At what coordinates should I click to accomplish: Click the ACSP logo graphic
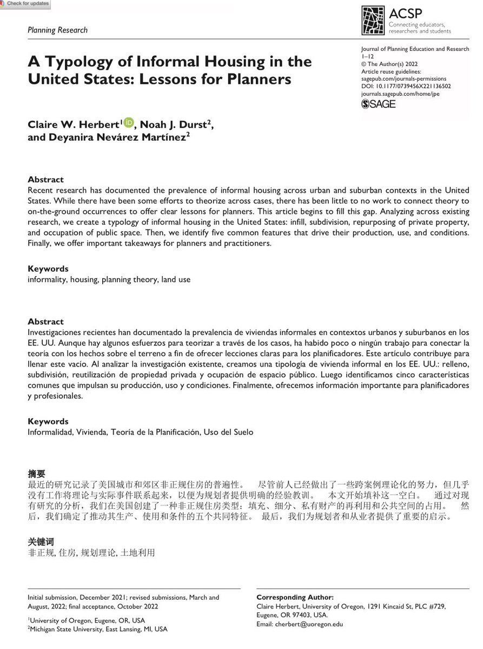pyautogui.click(x=373, y=21)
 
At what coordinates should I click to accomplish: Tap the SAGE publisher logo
pyautogui.click(x=379, y=104)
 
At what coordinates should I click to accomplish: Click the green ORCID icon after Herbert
pyautogui.click(x=128, y=123)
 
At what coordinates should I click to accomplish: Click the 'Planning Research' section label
pyautogui.click(x=57, y=30)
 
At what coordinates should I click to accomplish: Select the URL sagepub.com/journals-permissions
pyautogui.click(x=403, y=79)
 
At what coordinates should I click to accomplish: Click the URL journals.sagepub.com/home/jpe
pyautogui.click(x=400, y=94)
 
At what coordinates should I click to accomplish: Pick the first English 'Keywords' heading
pyautogui.click(x=48, y=268)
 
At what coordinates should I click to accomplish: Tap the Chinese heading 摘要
pyautogui.click(x=36, y=474)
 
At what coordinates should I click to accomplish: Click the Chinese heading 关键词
pyautogui.click(x=41, y=541)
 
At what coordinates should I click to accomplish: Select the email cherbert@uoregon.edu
pyautogui.click(x=309, y=624)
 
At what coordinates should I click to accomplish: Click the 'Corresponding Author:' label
pyautogui.click(x=295, y=597)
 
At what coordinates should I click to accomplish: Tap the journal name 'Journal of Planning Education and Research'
pyautogui.click(x=415, y=49)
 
